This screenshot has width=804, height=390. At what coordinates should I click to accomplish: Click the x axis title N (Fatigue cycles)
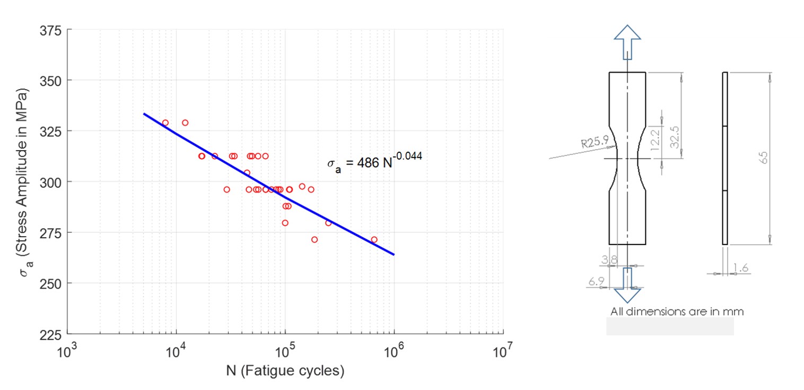(x=285, y=370)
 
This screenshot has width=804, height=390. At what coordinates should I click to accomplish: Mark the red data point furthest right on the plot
(x=374, y=240)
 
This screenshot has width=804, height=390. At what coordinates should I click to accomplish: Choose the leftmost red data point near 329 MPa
(x=165, y=123)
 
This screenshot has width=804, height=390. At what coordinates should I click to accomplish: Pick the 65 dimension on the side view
(x=764, y=158)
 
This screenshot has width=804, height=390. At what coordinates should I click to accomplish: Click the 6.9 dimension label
(x=596, y=282)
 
